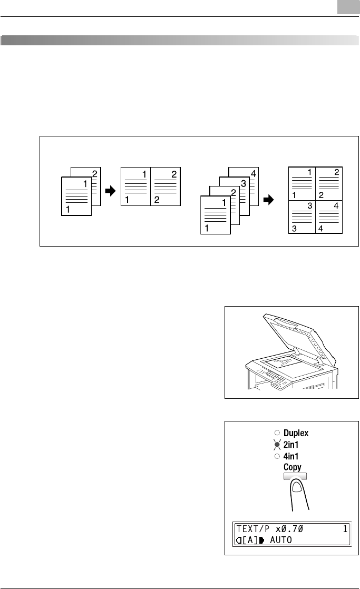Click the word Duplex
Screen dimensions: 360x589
point(296,433)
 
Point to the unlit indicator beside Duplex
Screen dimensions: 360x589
point(277,434)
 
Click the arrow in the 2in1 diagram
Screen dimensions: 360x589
point(110,192)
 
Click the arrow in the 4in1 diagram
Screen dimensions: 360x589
point(269,200)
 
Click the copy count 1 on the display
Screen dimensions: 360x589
point(345,529)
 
